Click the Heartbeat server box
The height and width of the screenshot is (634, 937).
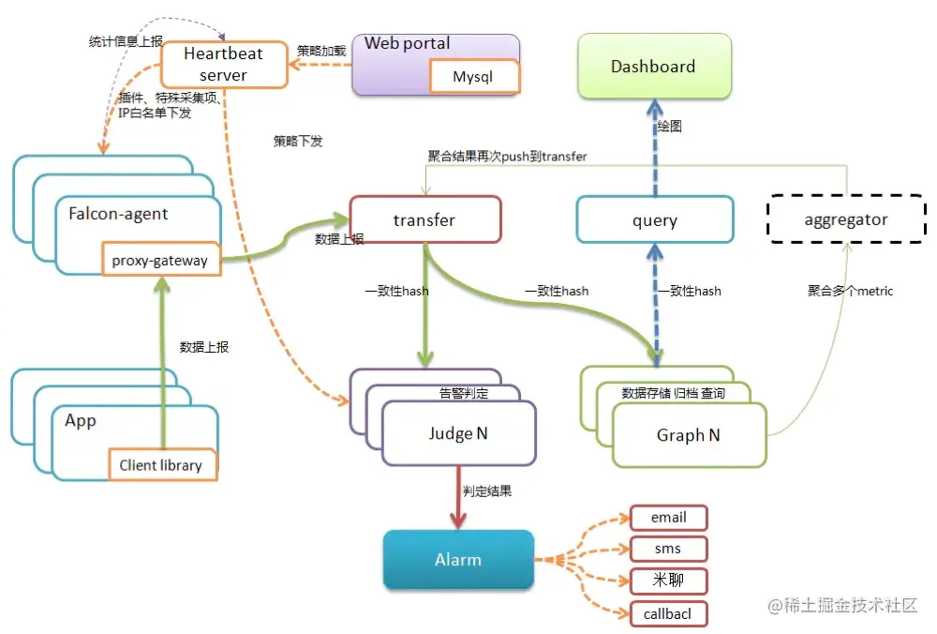[223, 65]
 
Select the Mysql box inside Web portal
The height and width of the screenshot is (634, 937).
[472, 77]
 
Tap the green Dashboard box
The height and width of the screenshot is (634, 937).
[653, 67]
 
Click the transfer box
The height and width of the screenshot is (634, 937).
[424, 220]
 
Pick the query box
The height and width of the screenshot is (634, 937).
[654, 220]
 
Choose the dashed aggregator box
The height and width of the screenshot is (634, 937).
[846, 220]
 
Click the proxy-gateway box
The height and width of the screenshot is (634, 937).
[159, 261]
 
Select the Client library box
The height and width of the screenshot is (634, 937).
[161, 465]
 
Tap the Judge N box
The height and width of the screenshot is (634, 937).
[458, 433]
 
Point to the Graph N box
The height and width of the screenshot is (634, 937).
[689, 435]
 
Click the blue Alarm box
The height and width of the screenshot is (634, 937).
[458, 560]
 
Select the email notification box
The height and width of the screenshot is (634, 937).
[668, 518]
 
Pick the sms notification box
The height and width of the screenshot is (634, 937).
[668, 549]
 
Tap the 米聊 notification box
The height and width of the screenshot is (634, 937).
[668, 581]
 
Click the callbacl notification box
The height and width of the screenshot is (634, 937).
[668, 613]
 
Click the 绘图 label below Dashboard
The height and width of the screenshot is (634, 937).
[669, 126]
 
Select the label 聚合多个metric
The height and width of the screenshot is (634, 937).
[850, 291]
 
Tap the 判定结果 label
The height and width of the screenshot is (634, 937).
[487, 491]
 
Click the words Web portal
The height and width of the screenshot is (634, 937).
[407, 43]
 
